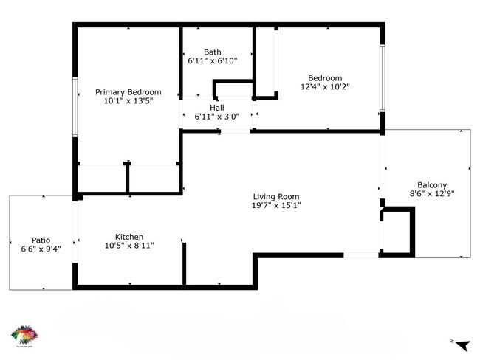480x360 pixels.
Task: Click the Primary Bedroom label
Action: click(x=128, y=92)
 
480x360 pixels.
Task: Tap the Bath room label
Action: click(x=213, y=52)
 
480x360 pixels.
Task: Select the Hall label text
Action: click(x=216, y=108)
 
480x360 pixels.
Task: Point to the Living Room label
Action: click(x=276, y=196)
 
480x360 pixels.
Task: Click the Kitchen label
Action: click(x=128, y=237)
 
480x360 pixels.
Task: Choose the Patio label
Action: click(x=41, y=240)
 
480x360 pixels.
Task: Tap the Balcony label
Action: click(x=432, y=185)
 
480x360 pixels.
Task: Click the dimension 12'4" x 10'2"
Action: click(x=325, y=86)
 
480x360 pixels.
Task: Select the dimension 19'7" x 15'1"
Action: click(x=276, y=205)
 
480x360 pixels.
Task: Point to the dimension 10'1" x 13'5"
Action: click(x=128, y=101)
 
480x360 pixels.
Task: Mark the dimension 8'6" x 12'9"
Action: click(x=432, y=194)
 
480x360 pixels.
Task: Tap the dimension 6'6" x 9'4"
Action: click(x=41, y=249)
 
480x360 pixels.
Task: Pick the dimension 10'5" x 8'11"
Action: click(x=128, y=246)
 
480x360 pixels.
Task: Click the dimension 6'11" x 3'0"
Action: click(x=216, y=117)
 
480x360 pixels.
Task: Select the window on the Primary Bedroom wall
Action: click(x=75, y=106)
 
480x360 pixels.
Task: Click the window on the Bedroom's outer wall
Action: click(x=382, y=78)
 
